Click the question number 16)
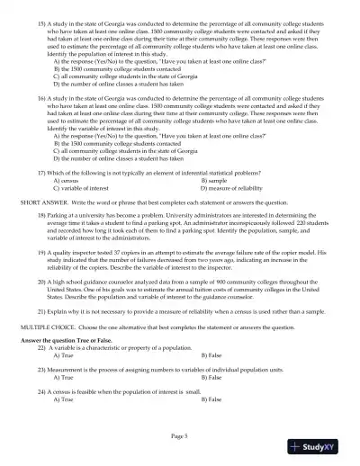[42, 93]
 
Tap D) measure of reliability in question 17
[230, 188]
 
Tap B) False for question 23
[212, 378]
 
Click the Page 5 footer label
[179, 435]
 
